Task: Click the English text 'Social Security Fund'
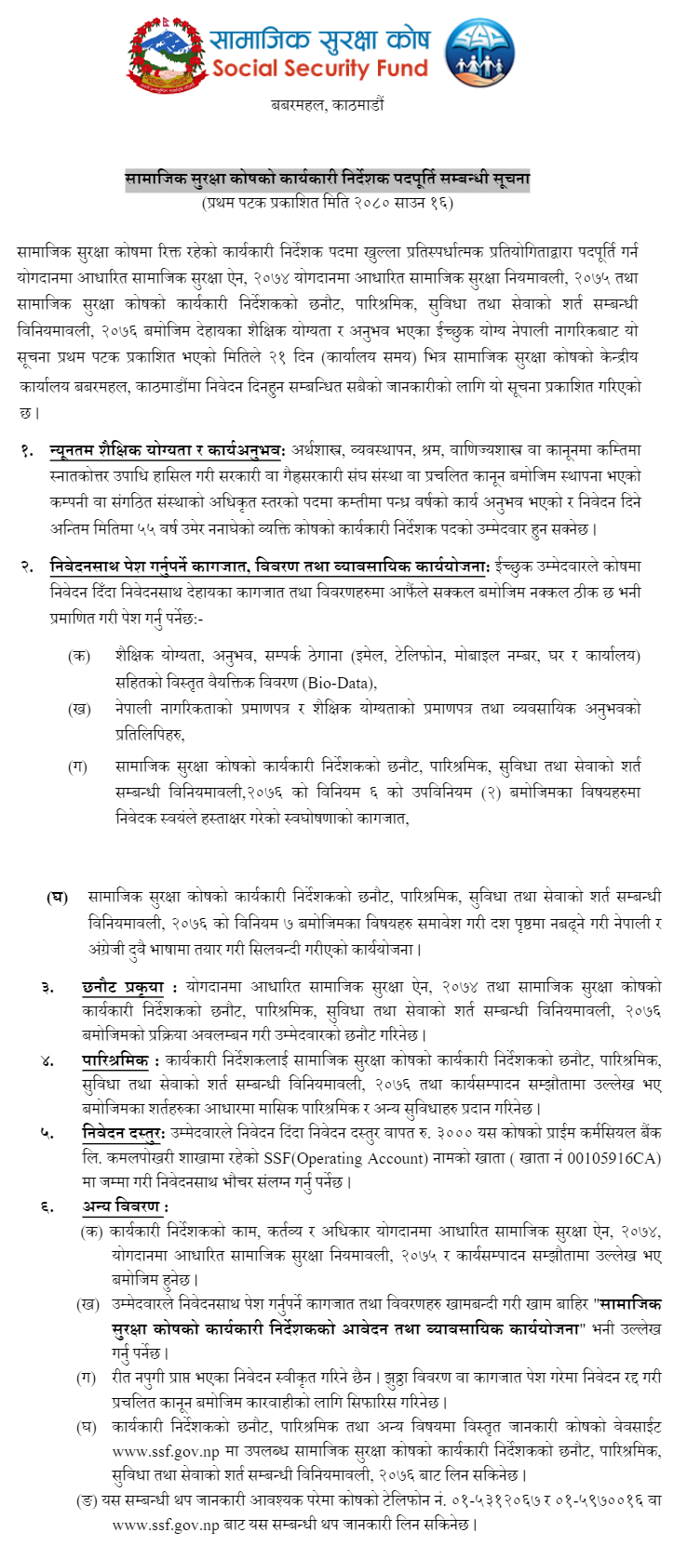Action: pos(319,68)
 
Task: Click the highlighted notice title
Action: pos(328,179)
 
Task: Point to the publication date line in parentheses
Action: pos(328,202)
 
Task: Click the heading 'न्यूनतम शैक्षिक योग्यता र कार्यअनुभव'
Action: pos(167,450)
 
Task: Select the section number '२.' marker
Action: pos(29,566)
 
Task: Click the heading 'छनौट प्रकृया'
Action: pos(122,986)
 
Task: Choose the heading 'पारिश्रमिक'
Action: pos(114,1060)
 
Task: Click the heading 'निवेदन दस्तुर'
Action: pos(123,1133)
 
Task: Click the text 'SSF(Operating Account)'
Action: pos(342,1157)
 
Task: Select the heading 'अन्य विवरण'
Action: pos(122,1206)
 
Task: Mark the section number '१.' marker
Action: pos(29,450)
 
